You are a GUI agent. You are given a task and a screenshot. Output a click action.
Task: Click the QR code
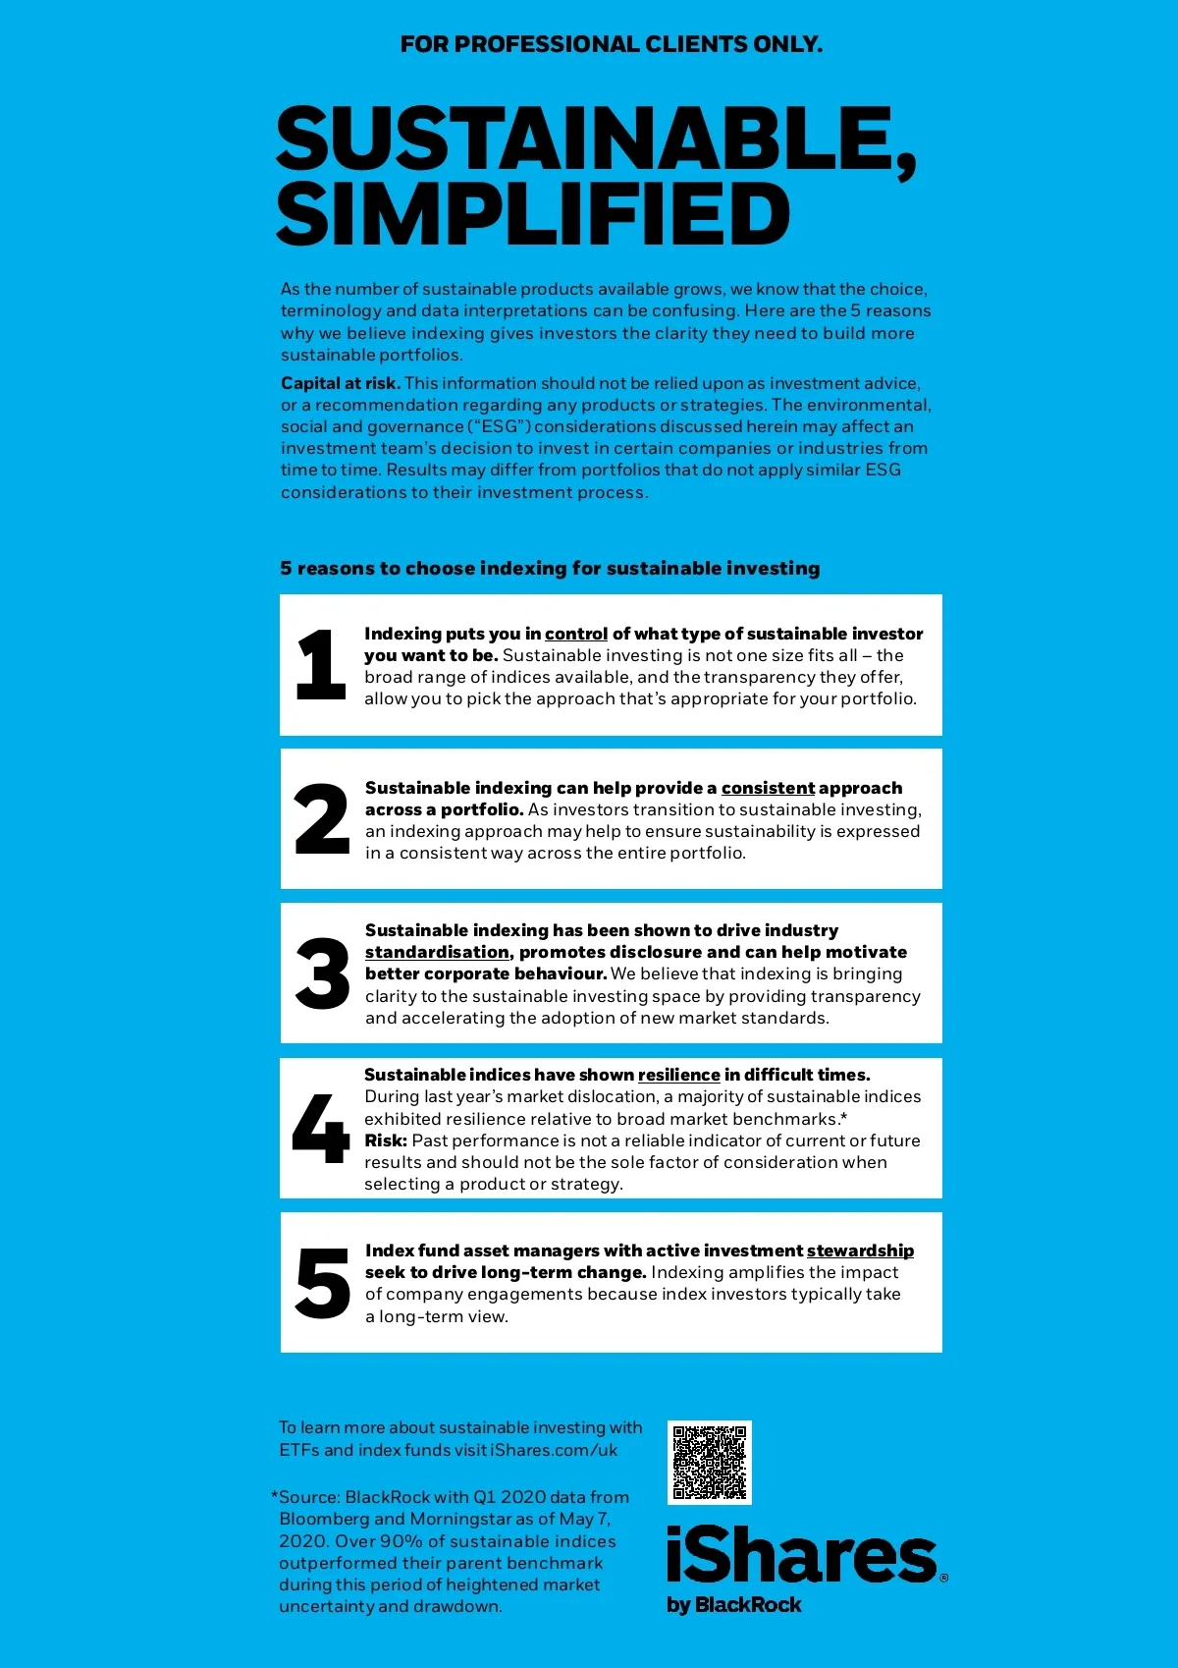click(x=709, y=1462)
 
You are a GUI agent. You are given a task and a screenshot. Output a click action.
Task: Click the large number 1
click(x=321, y=665)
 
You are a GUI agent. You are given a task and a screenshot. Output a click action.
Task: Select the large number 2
click(x=322, y=818)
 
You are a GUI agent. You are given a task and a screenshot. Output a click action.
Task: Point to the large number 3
click(x=322, y=973)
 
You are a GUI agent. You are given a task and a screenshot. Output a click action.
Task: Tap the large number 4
click(x=321, y=1128)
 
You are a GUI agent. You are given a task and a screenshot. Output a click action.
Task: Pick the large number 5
click(x=322, y=1283)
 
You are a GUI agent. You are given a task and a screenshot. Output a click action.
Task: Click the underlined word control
click(x=576, y=634)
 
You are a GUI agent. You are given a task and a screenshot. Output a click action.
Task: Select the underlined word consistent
click(x=768, y=788)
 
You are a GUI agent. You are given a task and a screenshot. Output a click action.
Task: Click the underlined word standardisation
click(x=437, y=952)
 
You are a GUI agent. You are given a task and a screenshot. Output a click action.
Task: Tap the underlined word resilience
click(x=678, y=1075)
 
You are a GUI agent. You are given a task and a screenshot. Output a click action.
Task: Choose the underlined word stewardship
click(x=860, y=1251)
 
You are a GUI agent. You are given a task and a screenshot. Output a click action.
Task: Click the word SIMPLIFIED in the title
click(x=533, y=215)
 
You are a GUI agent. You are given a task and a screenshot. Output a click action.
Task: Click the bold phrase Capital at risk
click(x=340, y=383)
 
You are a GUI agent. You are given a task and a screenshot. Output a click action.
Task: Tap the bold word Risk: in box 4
click(x=386, y=1140)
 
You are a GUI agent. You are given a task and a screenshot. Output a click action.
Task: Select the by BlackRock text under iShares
click(x=733, y=1604)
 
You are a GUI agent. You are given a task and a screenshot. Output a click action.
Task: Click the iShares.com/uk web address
click(x=554, y=1450)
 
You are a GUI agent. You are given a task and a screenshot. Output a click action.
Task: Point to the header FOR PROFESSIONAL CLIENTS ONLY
click(x=611, y=44)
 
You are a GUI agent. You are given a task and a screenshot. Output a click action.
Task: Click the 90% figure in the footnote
click(x=402, y=1541)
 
